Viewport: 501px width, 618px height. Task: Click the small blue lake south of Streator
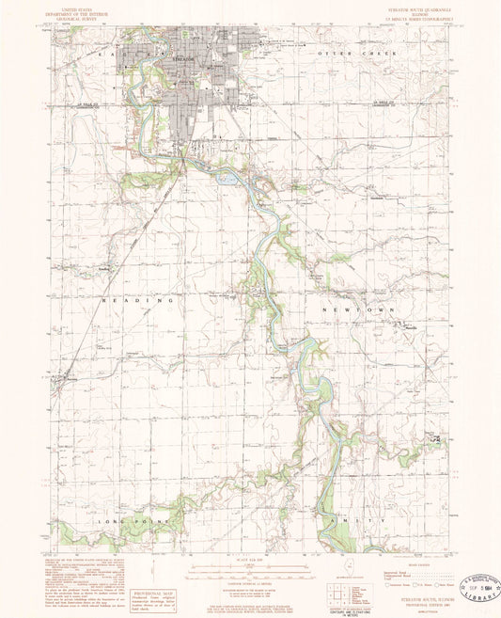coord(225,176)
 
